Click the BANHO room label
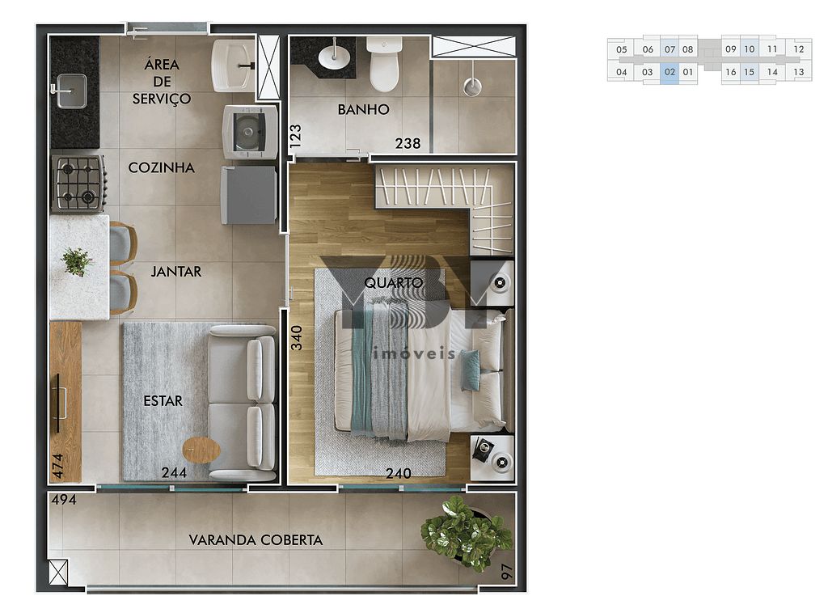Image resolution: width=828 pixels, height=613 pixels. [x=363, y=109]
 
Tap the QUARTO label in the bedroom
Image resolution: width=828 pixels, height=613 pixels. [x=393, y=282]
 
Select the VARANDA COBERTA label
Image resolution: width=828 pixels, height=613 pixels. [x=256, y=539]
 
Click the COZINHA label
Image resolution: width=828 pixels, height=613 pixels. [x=162, y=167]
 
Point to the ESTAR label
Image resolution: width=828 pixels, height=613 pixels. [x=163, y=400]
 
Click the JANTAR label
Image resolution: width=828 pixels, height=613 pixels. [x=175, y=271]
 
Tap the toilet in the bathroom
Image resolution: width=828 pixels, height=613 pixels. [x=384, y=67]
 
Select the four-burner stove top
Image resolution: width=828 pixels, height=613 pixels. [x=78, y=183]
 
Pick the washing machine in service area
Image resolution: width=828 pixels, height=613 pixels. [x=250, y=132]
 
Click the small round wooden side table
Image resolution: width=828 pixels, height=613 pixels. [x=201, y=450]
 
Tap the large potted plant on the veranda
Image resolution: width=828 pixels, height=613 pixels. [x=465, y=533]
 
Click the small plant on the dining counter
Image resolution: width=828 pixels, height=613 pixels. [x=77, y=261]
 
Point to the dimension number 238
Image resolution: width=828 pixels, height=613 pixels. [x=408, y=143]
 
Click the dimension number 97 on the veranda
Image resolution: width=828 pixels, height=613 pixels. [x=506, y=572]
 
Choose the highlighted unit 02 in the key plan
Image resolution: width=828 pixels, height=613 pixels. [x=670, y=72]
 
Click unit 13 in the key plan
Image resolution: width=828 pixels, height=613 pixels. [x=798, y=72]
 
